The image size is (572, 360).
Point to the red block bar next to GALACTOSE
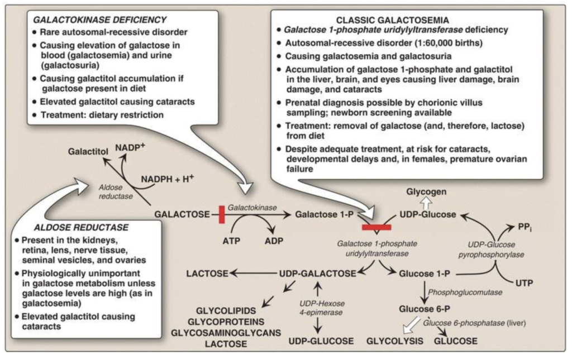pyautogui.click(x=222, y=214)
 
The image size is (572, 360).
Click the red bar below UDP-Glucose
pyautogui.click(x=376, y=227)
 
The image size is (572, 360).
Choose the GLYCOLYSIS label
pyautogui.click(x=394, y=341)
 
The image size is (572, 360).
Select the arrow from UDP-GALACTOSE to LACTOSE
pyautogui.click(x=254, y=273)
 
